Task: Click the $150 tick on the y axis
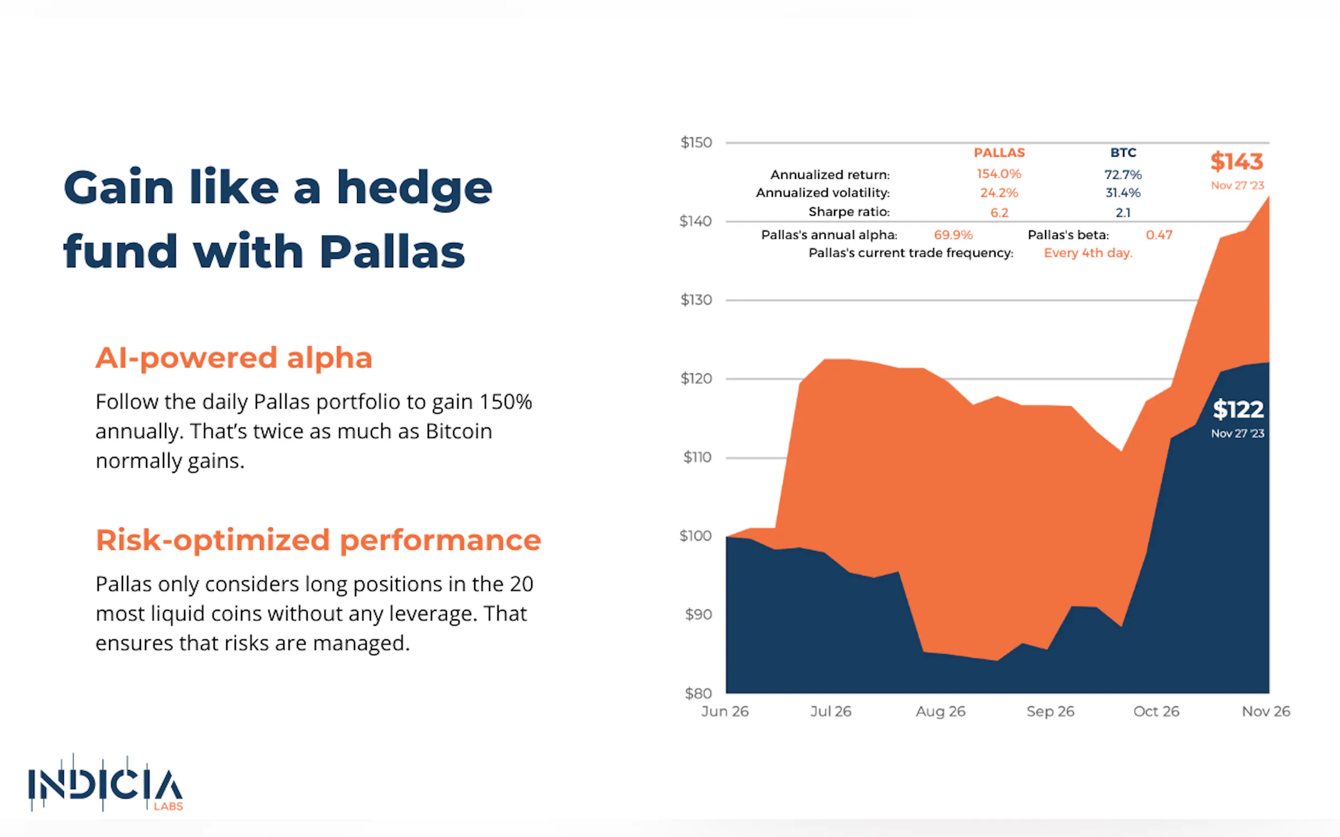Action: (x=696, y=143)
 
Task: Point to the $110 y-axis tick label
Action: (x=697, y=458)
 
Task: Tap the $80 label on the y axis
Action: (x=698, y=693)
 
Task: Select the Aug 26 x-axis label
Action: (x=940, y=712)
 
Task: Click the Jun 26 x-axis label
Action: (x=724, y=712)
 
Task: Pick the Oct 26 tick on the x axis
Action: (x=1156, y=712)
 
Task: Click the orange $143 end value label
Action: (x=1237, y=162)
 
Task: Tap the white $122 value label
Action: (x=1238, y=410)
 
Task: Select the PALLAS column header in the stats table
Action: (x=999, y=153)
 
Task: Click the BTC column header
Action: (x=1123, y=153)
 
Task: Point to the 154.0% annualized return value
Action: (x=999, y=174)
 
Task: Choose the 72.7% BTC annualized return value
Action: (x=1123, y=175)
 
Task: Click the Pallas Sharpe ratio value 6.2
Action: (x=999, y=212)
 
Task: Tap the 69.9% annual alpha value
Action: (x=953, y=235)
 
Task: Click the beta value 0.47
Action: (x=1159, y=235)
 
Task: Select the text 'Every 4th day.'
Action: (x=1088, y=253)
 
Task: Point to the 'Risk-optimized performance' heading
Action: (x=318, y=540)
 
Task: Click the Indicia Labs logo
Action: (x=106, y=783)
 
